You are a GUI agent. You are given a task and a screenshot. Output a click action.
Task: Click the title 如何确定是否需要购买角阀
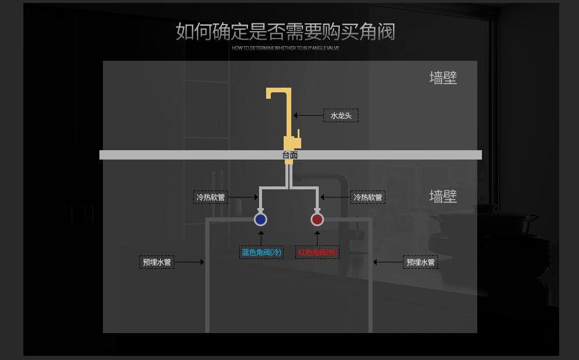285,32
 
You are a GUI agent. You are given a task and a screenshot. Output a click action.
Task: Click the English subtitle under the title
285,48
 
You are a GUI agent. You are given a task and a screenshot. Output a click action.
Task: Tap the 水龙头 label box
341,116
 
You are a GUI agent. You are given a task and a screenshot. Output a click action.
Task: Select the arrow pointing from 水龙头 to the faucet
308,116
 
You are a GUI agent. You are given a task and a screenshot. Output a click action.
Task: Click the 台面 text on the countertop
290,155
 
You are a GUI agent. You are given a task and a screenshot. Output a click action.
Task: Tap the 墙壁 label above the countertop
443,78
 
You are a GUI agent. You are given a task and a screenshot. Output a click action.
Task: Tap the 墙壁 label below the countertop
443,196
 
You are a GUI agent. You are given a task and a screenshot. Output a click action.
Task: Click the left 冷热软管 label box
211,198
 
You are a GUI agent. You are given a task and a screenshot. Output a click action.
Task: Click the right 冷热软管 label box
368,198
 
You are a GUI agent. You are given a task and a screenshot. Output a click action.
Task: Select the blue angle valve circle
260,219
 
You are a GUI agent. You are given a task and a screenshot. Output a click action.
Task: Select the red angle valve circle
317,219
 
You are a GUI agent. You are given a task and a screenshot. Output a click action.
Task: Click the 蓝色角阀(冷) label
261,252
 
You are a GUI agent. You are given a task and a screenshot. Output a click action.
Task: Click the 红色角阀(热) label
318,252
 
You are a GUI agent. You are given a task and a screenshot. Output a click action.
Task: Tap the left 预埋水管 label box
157,262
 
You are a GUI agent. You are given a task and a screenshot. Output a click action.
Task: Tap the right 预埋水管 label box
421,262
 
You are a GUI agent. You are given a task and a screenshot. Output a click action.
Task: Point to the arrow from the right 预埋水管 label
388,262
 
